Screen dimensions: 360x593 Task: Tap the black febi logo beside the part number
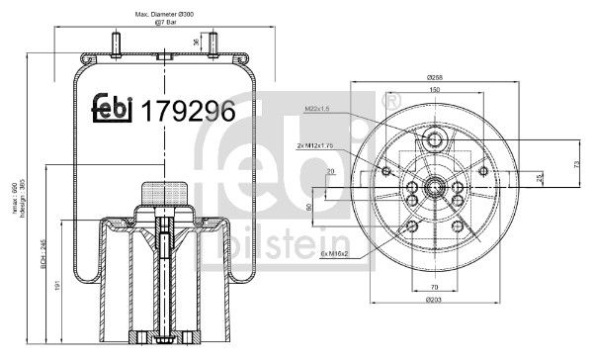pos(114,111)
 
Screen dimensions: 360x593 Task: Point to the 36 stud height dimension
pos(197,41)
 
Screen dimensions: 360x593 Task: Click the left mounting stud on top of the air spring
pos(120,45)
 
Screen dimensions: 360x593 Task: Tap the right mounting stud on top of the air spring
pos(210,45)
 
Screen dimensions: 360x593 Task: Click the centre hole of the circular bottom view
pos(433,183)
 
